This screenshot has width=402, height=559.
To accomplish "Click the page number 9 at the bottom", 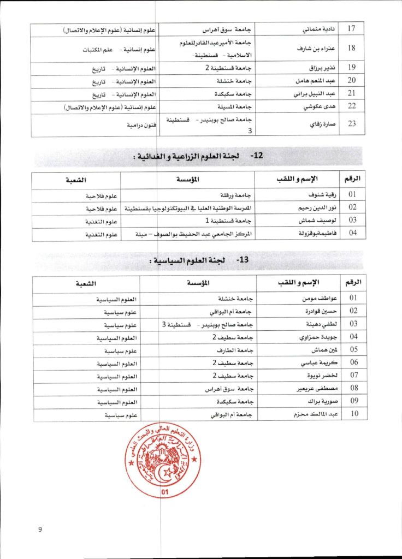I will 40,529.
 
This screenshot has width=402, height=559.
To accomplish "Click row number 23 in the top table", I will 351,123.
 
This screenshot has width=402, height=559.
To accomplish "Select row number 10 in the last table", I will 353,415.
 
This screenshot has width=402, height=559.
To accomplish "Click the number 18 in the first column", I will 351,47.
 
